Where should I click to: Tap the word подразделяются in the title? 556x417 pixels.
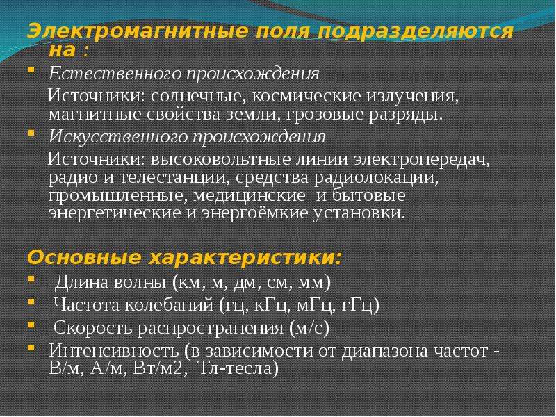click(x=415, y=32)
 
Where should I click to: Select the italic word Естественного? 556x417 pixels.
click(x=115, y=74)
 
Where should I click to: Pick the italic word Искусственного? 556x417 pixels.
click(x=117, y=137)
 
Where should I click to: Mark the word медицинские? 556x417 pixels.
click(x=250, y=196)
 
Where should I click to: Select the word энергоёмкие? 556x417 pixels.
click(x=255, y=213)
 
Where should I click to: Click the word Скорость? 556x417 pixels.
click(x=93, y=327)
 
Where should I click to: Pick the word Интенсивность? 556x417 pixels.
click(x=114, y=351)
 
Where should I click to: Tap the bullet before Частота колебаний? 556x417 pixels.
click(x=31, y=302)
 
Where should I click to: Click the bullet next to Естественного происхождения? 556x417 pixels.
click(x=31, y=69)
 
